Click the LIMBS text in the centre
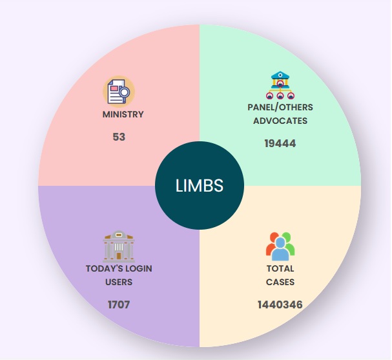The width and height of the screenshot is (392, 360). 200,186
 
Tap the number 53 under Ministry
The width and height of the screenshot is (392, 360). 119,137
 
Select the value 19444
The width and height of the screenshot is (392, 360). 280,143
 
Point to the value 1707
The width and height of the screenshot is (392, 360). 119,304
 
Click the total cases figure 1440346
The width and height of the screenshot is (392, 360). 280,304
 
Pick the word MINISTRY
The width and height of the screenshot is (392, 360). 123,114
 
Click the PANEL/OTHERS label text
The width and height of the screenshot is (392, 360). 280,107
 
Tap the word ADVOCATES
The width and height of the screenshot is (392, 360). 280,121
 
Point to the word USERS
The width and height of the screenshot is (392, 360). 119,282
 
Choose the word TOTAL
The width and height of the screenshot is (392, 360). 280,268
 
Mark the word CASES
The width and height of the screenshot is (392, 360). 280,282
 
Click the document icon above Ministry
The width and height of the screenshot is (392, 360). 118,92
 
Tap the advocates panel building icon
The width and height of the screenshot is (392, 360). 280,85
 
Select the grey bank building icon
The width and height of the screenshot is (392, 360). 119,246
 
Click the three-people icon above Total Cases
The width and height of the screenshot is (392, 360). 280,245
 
